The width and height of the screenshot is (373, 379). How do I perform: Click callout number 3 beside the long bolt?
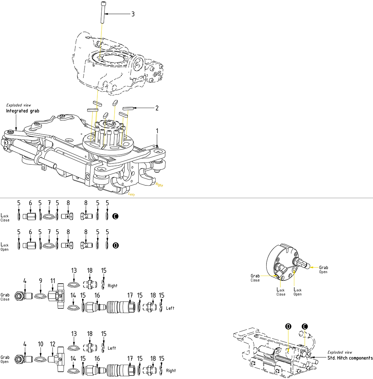133,14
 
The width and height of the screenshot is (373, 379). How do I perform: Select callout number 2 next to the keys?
157,108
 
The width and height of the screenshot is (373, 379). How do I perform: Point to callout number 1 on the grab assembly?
157,131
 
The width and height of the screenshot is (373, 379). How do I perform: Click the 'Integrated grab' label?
23,111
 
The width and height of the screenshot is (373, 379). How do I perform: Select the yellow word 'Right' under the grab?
159,185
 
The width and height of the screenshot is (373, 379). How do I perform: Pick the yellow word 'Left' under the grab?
132,195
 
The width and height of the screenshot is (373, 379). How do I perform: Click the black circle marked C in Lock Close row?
116,216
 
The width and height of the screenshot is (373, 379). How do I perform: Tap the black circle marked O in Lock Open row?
116,245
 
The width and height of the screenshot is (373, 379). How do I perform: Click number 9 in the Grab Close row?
40,281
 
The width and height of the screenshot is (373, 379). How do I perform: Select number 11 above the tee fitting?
53,281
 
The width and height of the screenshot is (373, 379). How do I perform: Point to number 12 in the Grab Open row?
53,344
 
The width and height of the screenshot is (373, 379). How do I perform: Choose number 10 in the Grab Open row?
40,344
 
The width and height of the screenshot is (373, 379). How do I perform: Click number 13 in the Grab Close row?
74,271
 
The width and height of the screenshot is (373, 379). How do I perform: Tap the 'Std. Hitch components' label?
350,358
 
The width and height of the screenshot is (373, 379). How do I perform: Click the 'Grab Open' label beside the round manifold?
323,270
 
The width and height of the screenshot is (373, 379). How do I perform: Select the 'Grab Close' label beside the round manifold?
255,278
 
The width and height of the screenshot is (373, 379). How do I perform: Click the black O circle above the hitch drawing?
288,326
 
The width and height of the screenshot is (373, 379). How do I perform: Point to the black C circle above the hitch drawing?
305,326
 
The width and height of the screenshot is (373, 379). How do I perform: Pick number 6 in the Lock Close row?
30,203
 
